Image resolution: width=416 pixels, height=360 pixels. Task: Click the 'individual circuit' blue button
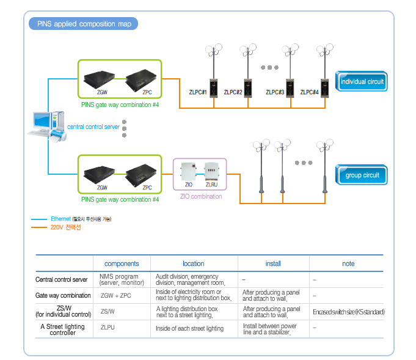[x=362, y=81]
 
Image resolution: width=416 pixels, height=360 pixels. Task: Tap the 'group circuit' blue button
[x=362, y=175]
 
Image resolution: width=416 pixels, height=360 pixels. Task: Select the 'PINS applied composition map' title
[x=84, y=24]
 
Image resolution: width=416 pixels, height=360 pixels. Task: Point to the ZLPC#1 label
[x=199, y=92]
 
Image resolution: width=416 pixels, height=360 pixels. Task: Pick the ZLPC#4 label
[x=310, y=92]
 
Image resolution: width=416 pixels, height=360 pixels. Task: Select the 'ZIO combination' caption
[x=201, y=197]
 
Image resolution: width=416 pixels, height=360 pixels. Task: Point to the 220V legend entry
[x=65, y=227]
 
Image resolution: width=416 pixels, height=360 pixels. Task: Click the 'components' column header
[x=122, y=263]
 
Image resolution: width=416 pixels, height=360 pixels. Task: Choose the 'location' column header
[x=193, y=263]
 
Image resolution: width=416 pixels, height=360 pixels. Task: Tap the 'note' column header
[x=348, y=263]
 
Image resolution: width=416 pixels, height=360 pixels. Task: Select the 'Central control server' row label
[x=62, y=280]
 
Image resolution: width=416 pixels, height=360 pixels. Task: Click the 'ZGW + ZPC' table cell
[x=115, y=296]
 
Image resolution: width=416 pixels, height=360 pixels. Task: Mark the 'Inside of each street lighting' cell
[x=189, y=328]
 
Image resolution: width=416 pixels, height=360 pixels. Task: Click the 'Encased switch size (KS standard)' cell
[x=348, y=312]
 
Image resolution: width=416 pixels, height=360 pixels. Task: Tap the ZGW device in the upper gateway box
[x=102, y=79]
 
